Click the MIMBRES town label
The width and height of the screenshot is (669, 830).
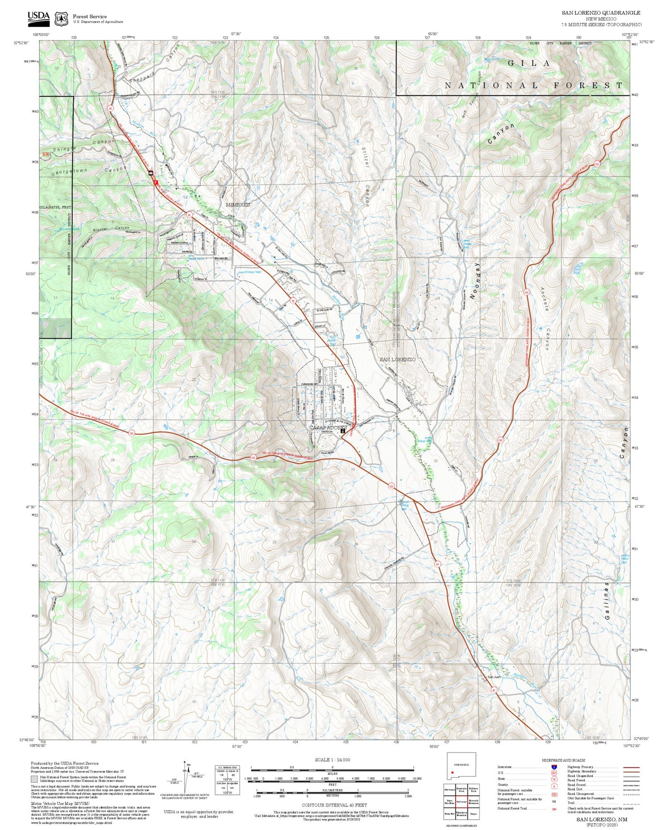[238, 205]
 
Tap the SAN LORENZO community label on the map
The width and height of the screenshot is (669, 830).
[397, 359]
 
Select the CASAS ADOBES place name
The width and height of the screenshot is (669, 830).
[328, 427]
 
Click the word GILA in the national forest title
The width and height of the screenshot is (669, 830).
[529, 63]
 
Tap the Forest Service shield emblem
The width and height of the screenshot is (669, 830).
[61, 19]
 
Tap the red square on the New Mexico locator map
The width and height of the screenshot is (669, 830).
[452, 772]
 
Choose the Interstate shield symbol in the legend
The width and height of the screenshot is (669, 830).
[553, 767]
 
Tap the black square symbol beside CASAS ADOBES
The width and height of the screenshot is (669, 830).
[343, 431]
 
